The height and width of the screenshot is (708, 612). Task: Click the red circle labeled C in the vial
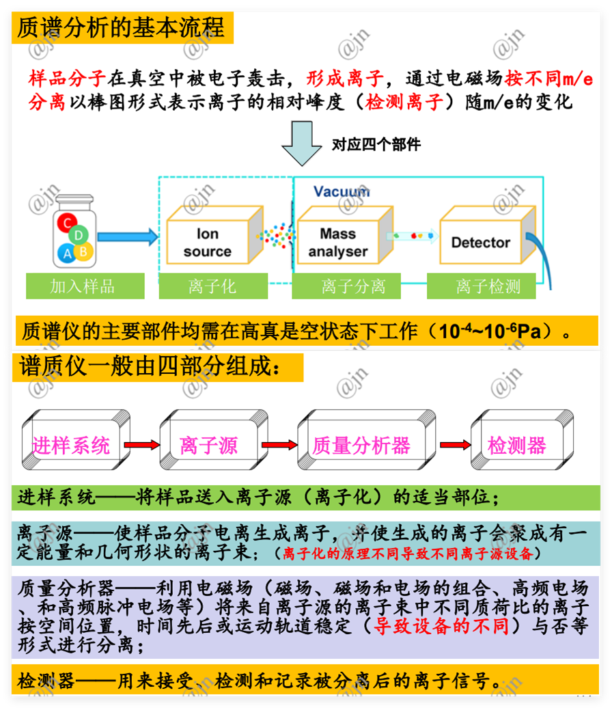[67, 223]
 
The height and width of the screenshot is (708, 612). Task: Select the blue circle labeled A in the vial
[67, 254]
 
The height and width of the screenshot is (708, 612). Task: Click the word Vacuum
[342, 191]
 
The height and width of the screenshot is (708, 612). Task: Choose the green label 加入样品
[85, 286]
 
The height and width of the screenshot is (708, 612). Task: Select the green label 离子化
[212, 286]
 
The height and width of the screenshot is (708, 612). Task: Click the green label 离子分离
[352, 286]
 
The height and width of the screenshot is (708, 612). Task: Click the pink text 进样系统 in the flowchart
[71, 446]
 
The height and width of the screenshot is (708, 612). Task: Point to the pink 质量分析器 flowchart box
[361, 446]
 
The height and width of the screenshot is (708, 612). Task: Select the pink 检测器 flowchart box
[517, 446]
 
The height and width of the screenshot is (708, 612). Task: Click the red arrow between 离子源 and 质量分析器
[279, 446]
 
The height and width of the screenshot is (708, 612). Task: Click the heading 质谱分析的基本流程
[120, 27]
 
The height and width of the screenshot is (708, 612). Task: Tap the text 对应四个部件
[376, 144]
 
